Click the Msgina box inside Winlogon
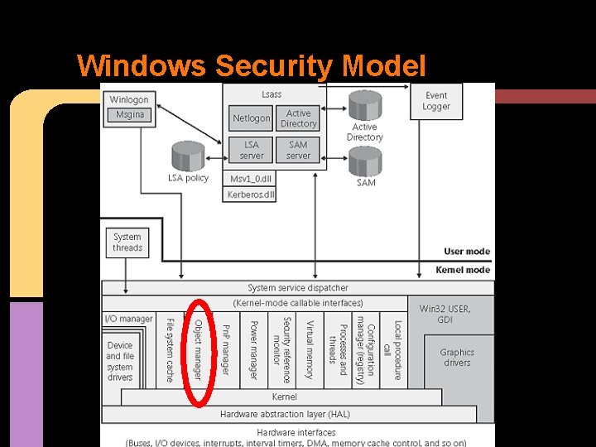tap(130, 115)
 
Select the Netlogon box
tap(251, 118)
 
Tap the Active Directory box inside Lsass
tap(298, 118)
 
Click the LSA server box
tap(251, 150)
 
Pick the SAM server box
tap(298, 150)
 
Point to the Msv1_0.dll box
tap(251, 178)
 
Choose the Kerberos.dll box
tap(251, 195)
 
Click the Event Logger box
tap(435, 101)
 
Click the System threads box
tap(127, 242)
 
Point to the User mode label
tap(466, 252)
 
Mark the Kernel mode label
tap(463, 270)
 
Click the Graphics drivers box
tap(457, 358)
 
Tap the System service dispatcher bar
tap(298, 288)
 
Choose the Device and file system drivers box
tap(120, 361)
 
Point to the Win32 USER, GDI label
tap(445, 314)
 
